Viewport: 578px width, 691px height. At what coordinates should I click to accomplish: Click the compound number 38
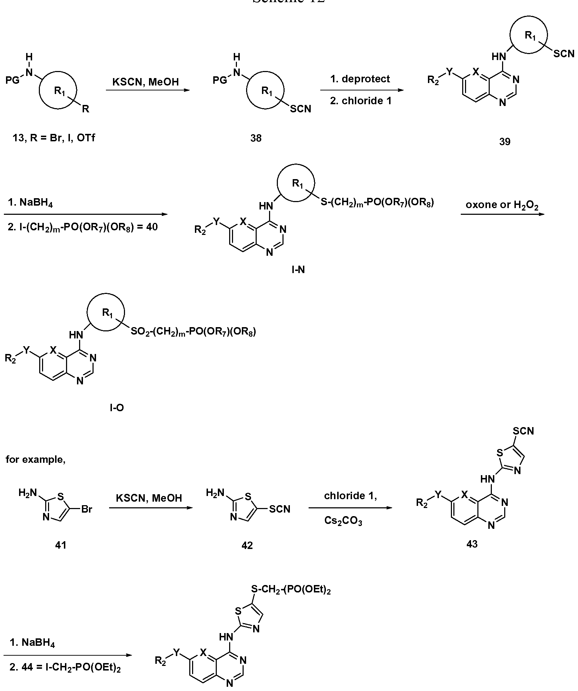pyautogui.click(x=256, y=137)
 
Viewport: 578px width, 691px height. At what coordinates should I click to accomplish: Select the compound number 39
pyautogui.click(x=505, y=141)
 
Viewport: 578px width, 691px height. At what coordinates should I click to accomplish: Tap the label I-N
pyautogui.click(x=298, y=270)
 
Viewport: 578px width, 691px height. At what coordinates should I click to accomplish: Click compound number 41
pyautogui.click(x=61, y=545)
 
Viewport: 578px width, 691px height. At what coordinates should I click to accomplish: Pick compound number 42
pyautogui.click(x=247, y=545)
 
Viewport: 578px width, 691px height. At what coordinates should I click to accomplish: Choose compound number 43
pyautogui.click(x=472, y=544)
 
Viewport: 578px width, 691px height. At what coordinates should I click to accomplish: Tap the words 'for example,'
pyautogui.click(x=36, y=460)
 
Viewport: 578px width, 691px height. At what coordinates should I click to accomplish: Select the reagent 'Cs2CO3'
pyautogui.click(x=343, y=521)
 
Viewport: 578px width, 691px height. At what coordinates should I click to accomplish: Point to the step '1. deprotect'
pyautogui.click(x=360, y=79)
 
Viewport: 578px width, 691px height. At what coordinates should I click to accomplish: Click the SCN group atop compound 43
pyautogui.click(x=523, y=431)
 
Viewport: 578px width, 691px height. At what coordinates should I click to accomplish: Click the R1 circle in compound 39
pyautogui.click(x=529, y=35)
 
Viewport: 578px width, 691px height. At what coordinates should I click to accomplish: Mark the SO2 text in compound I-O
pyautogui.click(x=138, y=332)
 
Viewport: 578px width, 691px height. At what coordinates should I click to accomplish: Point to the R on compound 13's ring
pyautogui.click(x=85, y=109)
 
